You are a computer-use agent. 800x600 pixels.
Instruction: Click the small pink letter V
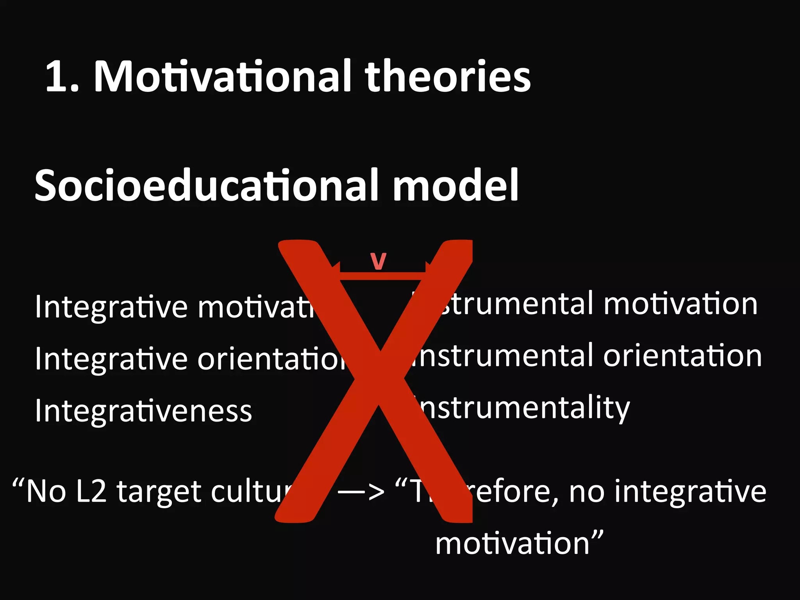coord(378,261)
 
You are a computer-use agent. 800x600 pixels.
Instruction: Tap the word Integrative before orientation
coord(111,359)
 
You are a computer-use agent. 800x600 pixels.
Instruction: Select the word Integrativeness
coord(143,411)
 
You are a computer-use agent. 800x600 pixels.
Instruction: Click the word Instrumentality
coord(523,408)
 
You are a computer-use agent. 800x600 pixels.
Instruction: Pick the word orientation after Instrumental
coord(682,356)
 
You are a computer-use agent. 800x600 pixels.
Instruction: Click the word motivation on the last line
coord(512,544)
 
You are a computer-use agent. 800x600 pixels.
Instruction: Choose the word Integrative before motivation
coord(111,307)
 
